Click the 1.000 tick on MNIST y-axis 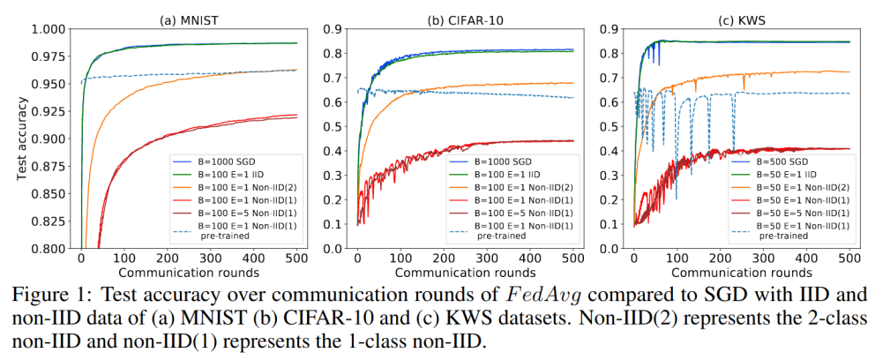pos(49,29)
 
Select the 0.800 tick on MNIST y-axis pos(49,250)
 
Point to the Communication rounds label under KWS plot pos(741,274)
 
